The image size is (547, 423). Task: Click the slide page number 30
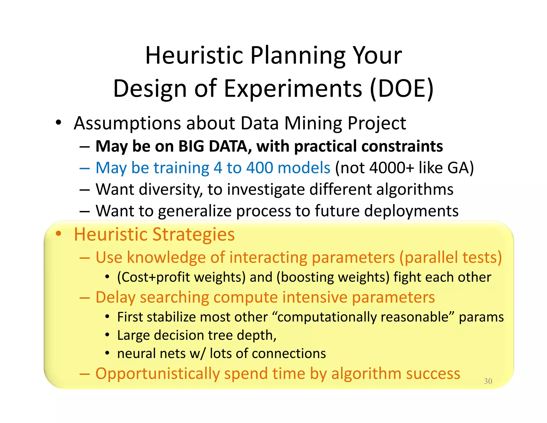tap(488, 381)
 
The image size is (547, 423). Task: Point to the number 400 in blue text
tap(261, 168)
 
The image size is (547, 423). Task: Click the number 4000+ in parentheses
tap(392, 168)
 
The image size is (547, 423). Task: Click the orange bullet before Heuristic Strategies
tap(58, 234)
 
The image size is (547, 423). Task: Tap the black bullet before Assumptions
tap(58, 123)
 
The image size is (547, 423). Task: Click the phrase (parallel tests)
tap(451, 257)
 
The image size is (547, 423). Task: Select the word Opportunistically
tap(158, 374)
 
